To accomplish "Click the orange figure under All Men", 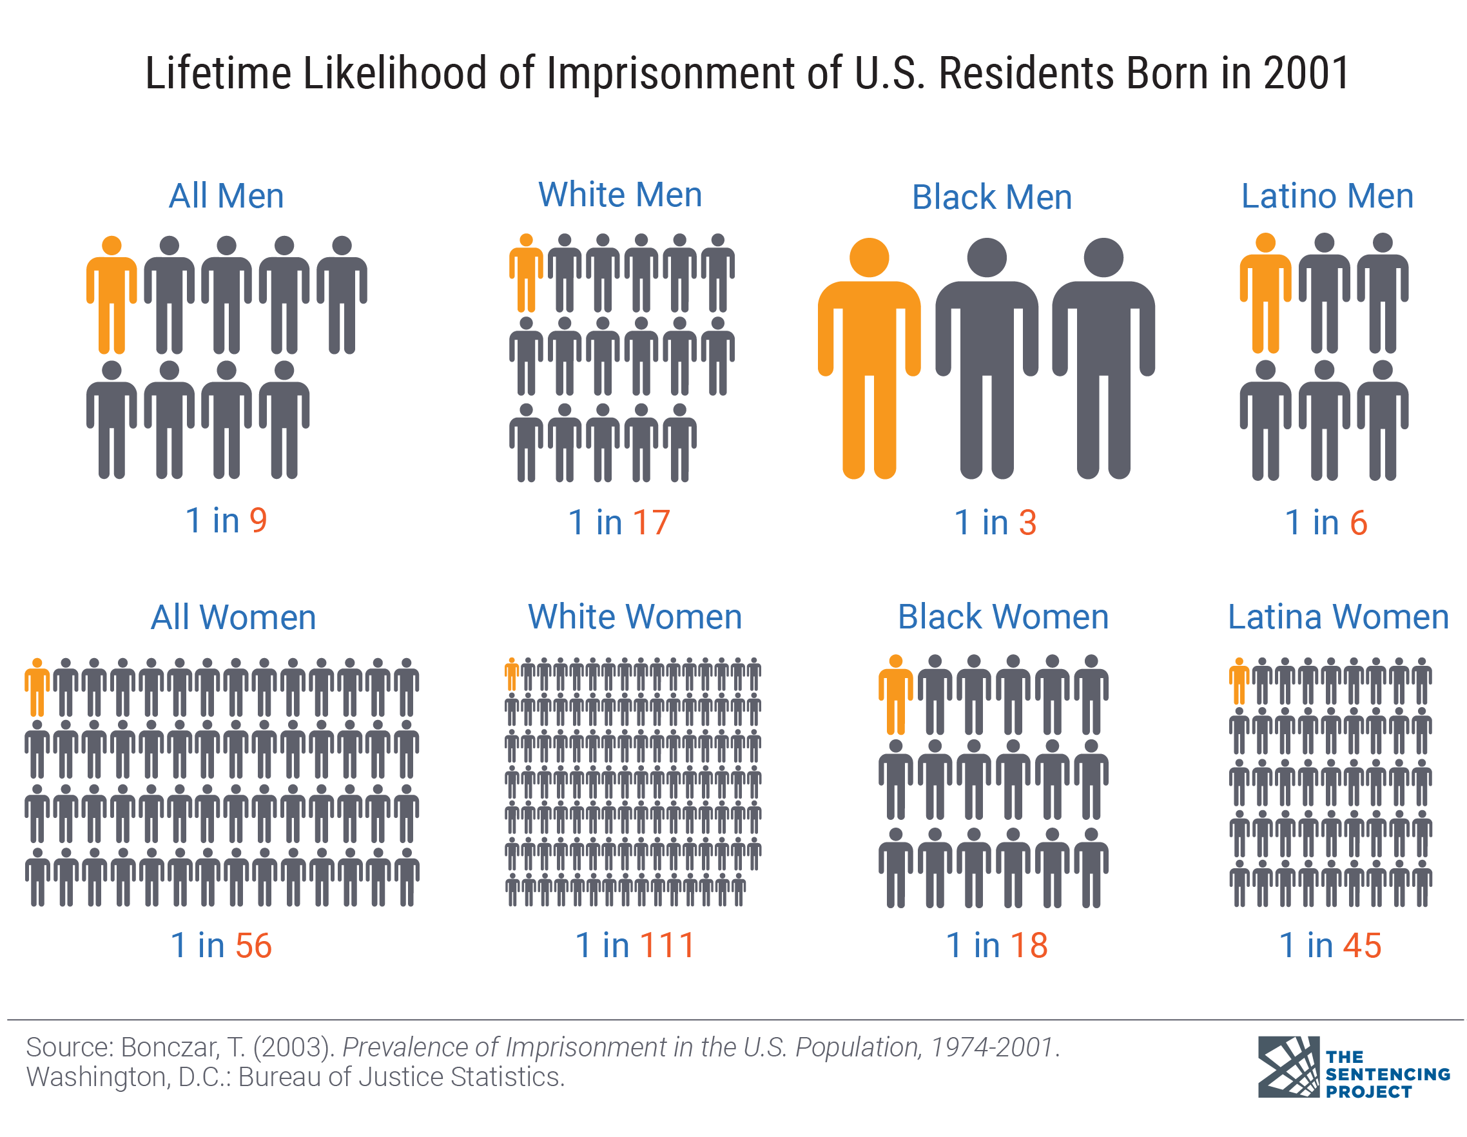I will (112, 295).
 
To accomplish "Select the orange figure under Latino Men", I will (1265, 295).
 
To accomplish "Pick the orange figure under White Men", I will (526, 275).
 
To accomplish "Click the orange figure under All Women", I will (37, 688).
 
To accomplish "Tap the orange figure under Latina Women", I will (1239, 683).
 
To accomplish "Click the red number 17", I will (651, 523).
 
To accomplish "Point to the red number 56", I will (253, 946).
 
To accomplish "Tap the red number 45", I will (1362, 946).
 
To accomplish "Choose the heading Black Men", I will (991, 197).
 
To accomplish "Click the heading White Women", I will (635, 616).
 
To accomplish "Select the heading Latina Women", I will (1338, 616).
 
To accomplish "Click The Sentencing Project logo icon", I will (1288, 1067).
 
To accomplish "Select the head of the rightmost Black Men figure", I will (1103, 257).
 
